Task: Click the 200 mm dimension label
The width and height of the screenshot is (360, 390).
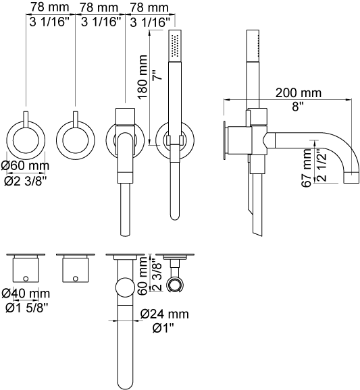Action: pos(299,92)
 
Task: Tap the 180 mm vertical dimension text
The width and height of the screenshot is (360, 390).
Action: pos(143,77)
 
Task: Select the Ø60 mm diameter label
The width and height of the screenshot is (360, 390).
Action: pos(25,166)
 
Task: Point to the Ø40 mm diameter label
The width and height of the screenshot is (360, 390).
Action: pos(26,294)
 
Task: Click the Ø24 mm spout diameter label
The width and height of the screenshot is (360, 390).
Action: pos(165,314)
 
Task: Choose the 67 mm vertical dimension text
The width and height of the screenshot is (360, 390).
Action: pos(306,167)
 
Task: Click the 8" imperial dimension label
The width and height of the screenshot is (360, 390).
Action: pos(298,107)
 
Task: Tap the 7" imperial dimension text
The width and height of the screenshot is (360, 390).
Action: pos(157,75)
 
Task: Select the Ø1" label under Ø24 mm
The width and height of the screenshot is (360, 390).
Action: pos(163,329)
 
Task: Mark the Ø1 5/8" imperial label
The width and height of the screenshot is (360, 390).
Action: pos(26,308)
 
